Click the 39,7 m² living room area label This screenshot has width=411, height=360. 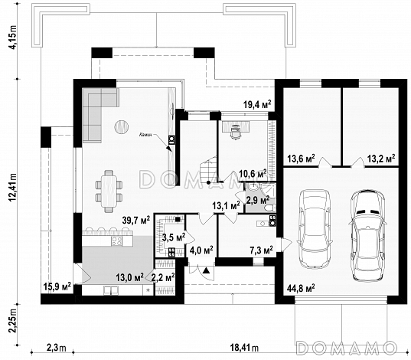click(136, 220)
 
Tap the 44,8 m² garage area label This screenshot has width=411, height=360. click(301, 288)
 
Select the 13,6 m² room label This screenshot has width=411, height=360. click(301, 159)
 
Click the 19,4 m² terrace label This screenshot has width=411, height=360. click(257, 105)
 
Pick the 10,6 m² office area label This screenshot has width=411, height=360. click(253, 173)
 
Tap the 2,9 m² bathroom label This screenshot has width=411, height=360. click(258, 200)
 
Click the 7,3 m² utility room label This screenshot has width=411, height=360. click(262, 250)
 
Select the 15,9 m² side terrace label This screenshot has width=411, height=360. click(57, 286)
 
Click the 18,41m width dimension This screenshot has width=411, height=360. click(244, 348)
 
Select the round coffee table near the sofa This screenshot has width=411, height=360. click(122, 126)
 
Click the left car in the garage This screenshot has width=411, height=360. click(314, 228)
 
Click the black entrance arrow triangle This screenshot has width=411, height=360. click(207, 270)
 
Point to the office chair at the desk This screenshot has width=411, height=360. click(235, 131)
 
